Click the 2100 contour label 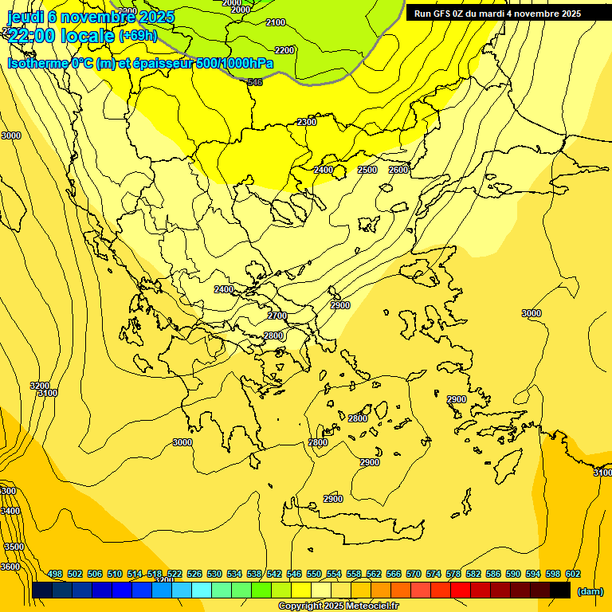(276, 22)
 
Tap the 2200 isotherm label (284, 50)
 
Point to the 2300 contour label (307, 122)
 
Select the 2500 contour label (367, 170)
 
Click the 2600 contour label (398, 170)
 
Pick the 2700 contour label (277, 316)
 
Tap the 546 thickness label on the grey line (255, 82)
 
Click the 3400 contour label (10, 511)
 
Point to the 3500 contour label (14, 547)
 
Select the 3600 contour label (10, 567)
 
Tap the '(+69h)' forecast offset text (138, 35)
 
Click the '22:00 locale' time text (62, 35)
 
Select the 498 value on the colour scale (55, 574)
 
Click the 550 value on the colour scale (314, 574)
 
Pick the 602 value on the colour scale (573, 574)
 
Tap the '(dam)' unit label (590, 591)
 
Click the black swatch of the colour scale (560, 590)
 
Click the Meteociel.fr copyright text (338, 606)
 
